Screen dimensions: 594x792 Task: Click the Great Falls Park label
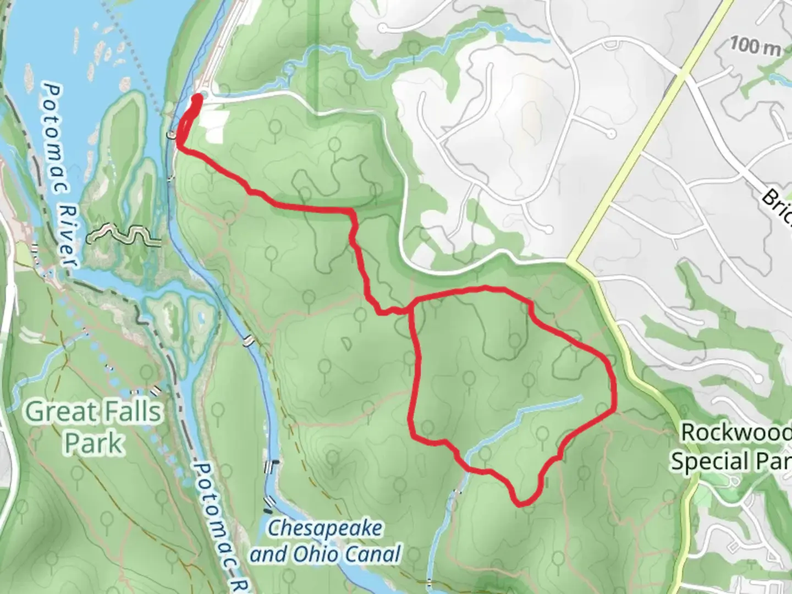(x=94, y=427)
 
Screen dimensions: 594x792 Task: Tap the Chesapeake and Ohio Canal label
(x=325, y=541)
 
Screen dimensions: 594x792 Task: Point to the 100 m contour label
(x=755, y=46)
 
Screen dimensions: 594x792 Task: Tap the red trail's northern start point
(x=197, y=98)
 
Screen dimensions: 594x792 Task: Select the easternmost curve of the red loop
(x=613, y=385)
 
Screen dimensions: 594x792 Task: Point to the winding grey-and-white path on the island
(x=123, y=234)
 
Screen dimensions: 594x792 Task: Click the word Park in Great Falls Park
(x=94, y=443)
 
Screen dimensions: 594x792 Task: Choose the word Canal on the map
(x=371, y=553)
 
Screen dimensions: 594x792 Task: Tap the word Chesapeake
(x=324, y=529)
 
